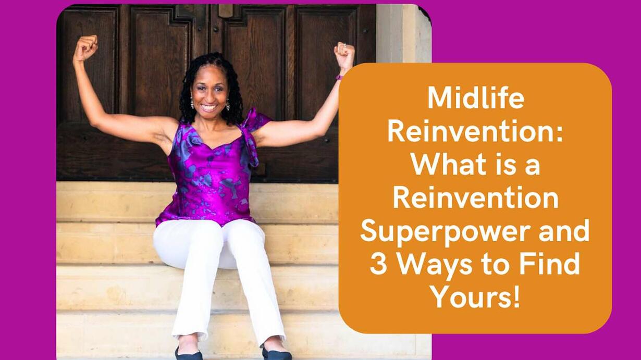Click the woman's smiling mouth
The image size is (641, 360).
[x=209, y=108]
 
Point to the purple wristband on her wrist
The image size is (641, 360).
[x=339, y=77]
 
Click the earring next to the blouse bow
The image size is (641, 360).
[x=228, y=105]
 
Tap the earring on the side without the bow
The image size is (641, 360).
[x=192, y=103]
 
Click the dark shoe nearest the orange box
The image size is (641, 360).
[x=276, y=354]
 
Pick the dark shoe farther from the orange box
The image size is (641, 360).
[x=188, y=354]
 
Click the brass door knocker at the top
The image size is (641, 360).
[x=225, y=11]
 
